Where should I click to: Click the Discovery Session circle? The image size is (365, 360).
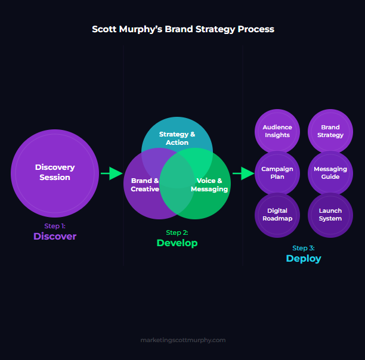click(55, 173)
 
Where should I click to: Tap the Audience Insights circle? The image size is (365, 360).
click(277, 131)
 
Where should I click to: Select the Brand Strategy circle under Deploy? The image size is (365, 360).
click(330, 131)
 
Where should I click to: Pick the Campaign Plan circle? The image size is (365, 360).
click(277, 173)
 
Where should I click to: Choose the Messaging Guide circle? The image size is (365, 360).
click(330, 173)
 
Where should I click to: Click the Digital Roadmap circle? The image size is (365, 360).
click(277, 215)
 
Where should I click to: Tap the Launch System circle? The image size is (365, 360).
click(330, 215)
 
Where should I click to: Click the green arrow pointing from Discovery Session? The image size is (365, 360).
click(112, 173)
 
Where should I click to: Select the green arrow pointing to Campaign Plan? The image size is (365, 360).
click(243, 173)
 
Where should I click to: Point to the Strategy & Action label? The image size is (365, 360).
click(177, 138)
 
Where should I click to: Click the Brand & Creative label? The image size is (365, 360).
click(145, 185)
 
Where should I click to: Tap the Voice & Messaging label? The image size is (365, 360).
click(209, 185)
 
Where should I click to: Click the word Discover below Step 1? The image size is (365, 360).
click(55, 236)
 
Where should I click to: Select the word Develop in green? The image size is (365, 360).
click(177, 243)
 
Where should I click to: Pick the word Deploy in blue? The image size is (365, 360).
click(304, 259)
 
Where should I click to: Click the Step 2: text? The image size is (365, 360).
click(177, 232)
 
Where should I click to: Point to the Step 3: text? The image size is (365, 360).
click(304, 248)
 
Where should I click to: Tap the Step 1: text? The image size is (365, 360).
click(55, 226)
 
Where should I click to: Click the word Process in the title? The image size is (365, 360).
click(256, 29)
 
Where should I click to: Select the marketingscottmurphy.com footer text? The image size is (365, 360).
click(183, 340)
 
